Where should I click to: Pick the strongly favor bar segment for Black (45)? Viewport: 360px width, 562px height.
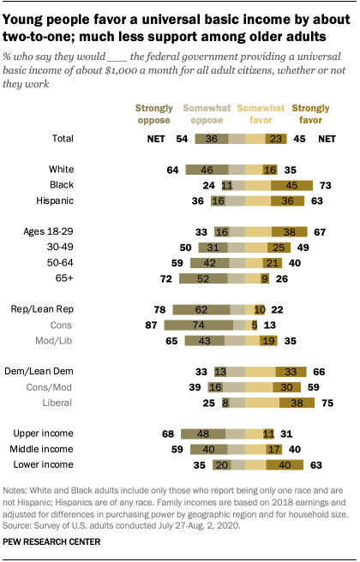(291, 184)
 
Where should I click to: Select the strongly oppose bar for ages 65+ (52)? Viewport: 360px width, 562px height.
(202, 278)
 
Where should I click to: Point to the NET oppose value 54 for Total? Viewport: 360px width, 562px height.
(181, 138)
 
